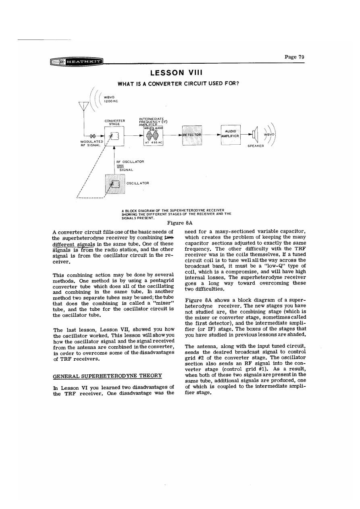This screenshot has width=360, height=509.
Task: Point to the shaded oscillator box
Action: click(115, 185)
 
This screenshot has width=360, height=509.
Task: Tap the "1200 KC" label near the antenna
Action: click(110, 100)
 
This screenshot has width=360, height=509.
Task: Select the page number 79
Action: click(294, 57)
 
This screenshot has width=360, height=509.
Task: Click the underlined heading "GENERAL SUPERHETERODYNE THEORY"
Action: click(107, 376)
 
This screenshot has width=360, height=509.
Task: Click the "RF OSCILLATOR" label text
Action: click(130, 162)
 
